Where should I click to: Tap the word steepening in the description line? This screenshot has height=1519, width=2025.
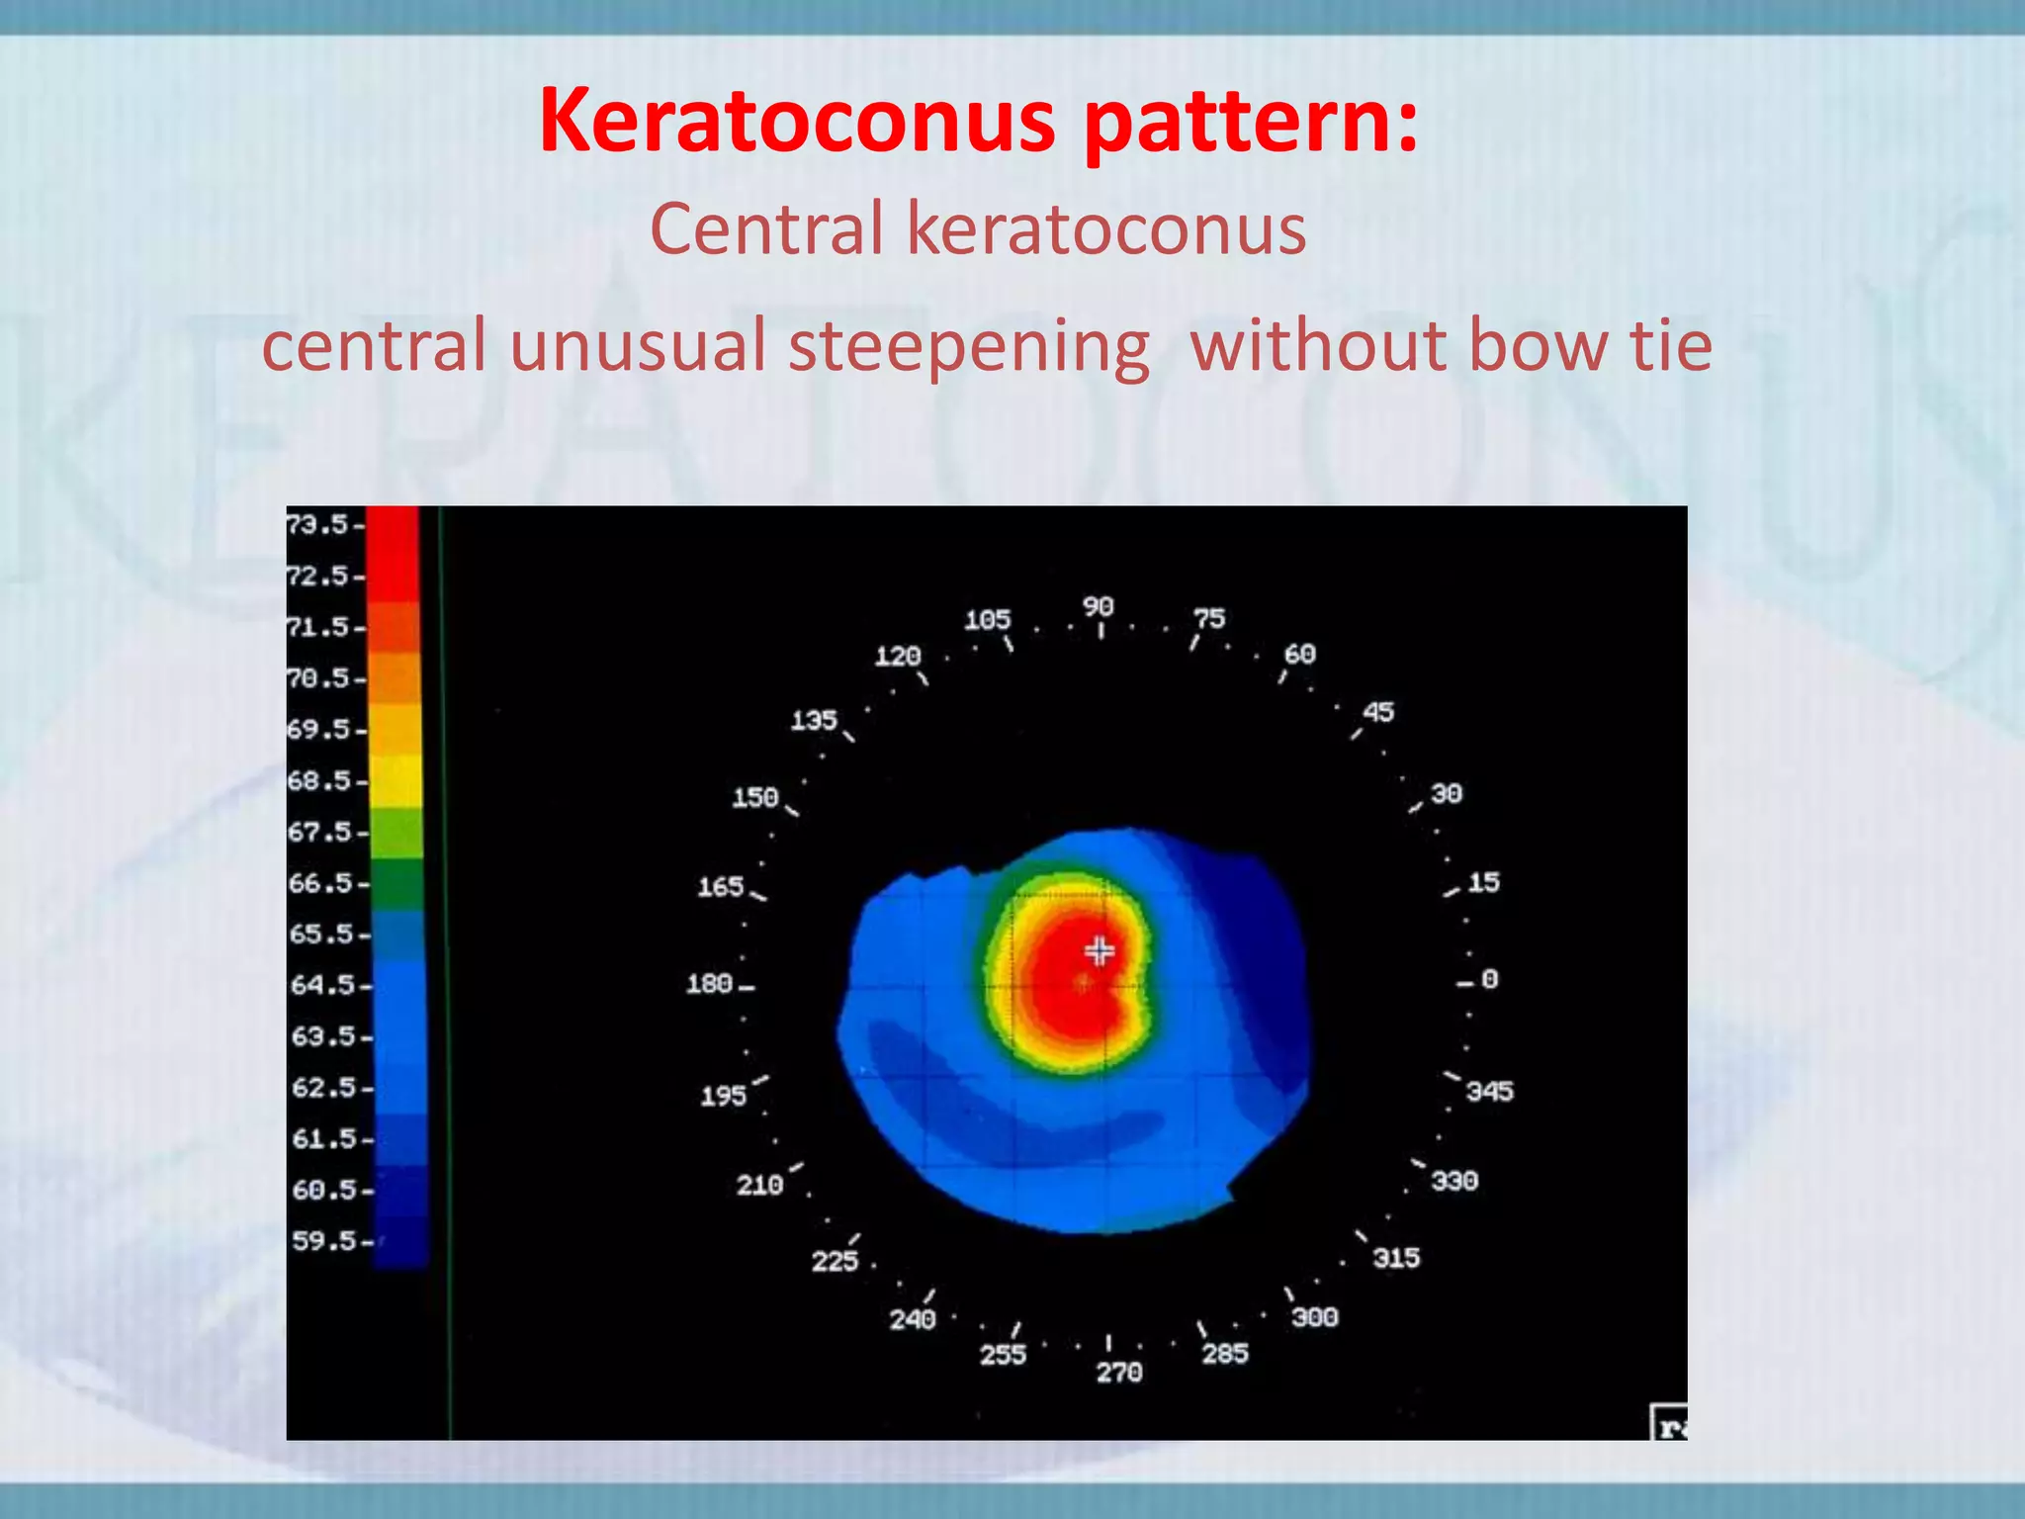point(969,346)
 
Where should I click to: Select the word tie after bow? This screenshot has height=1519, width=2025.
point(1671,346)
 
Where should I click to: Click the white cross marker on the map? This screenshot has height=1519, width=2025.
point(1099,951)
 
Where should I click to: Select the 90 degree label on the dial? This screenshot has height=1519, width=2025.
point(1098,606)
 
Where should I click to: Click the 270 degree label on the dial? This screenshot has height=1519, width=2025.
point(1119,1372)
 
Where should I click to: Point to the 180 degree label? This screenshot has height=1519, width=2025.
point(709,983)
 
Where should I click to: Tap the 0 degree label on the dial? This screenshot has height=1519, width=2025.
point(1489,979)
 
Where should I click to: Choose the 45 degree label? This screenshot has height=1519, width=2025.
point(1378,712)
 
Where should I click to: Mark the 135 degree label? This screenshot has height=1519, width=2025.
point(814,720)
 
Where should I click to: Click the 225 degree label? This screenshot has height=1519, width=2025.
point(835,1261)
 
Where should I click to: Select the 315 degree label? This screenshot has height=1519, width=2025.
point(1396,1258)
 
